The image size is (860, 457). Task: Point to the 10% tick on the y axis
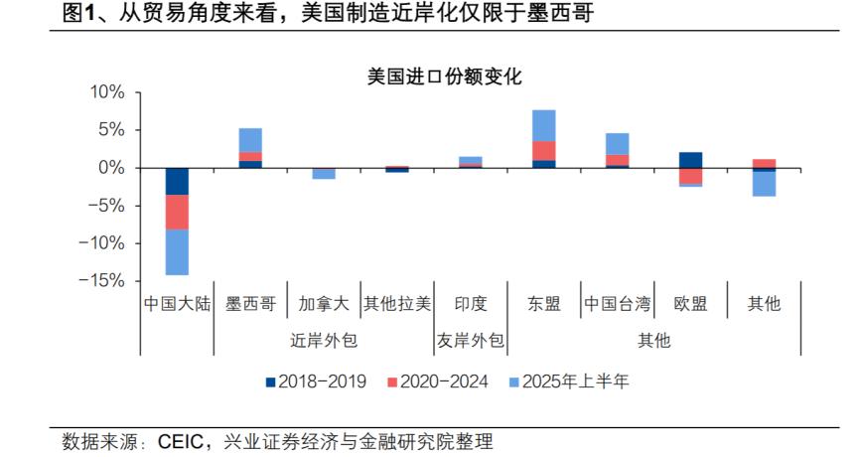point(108,92)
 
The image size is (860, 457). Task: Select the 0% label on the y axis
point(111,168)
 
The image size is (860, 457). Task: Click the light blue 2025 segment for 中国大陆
point(177,251)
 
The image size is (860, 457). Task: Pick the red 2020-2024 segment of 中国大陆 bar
point(177,212)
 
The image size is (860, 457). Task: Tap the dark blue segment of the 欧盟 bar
point(690,160)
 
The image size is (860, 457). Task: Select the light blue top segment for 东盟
point(543,125)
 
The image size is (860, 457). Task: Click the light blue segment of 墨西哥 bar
point(250,140)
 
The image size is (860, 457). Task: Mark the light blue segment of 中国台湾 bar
point(617,144)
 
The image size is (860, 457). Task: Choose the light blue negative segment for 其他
point(764,184)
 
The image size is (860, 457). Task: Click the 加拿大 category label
point(324,304)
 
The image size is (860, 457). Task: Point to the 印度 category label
point(470,304)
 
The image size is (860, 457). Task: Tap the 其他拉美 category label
point(397,304)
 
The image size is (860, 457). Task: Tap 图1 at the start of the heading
point(76,13)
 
